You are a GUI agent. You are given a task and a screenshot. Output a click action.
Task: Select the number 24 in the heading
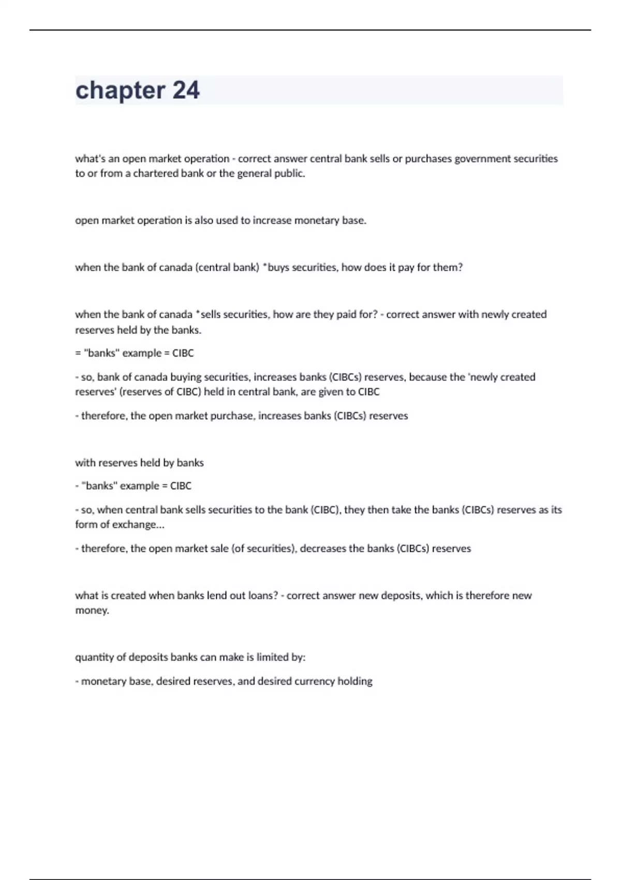(186, 90)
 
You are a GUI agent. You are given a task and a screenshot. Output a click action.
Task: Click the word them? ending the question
(448, 268)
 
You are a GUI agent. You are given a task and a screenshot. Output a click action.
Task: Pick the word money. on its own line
(92, 611)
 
